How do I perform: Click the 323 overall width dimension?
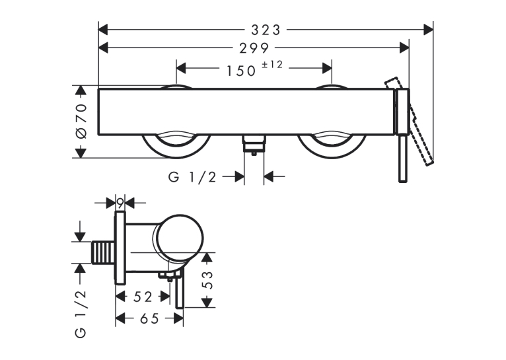266,30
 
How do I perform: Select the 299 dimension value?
254,48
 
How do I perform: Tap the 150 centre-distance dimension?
241,71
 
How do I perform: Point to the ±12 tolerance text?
272,65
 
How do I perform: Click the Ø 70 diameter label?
81,122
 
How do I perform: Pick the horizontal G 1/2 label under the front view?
192,177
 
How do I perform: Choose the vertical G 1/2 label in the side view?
81,314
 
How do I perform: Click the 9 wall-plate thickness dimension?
120,203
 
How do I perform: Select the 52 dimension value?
143,297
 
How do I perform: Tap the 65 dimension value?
149,318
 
